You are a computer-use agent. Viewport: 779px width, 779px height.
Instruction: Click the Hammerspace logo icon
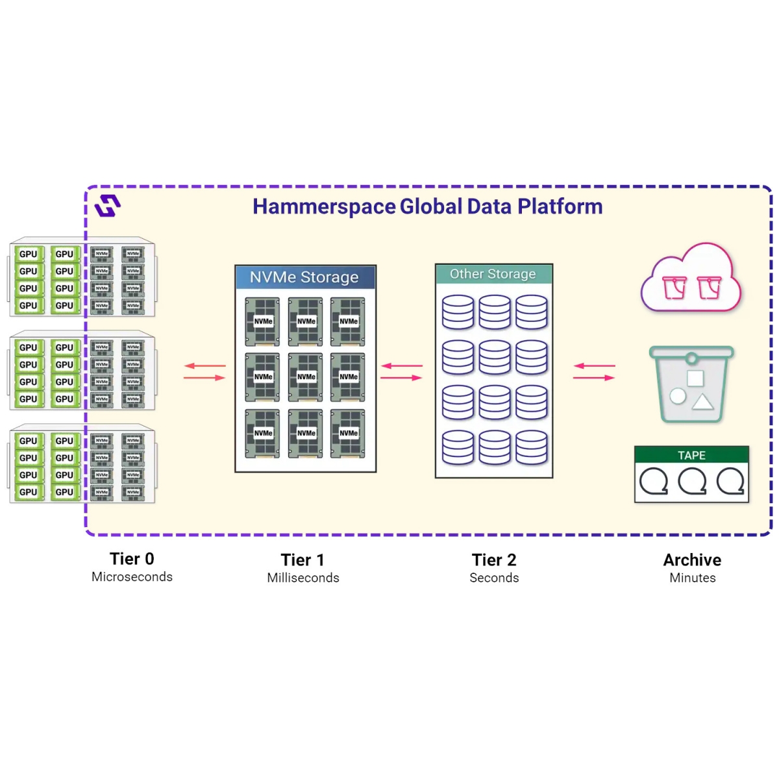[108, 206]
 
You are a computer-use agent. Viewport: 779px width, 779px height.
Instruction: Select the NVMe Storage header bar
[305, 277]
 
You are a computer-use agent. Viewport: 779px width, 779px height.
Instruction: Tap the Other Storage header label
[493, 274]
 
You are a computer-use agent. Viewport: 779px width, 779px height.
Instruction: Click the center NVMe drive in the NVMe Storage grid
[306, 377]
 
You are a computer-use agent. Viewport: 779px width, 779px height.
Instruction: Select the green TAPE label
[691, 455]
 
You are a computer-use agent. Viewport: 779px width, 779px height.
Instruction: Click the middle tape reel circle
[692, 482]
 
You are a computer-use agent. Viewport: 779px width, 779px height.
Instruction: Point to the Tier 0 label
[132, 559]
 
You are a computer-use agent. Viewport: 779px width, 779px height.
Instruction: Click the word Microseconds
[132, 577]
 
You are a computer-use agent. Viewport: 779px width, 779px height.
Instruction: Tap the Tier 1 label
[303, 560]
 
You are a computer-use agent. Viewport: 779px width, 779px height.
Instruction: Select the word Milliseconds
[303, 578]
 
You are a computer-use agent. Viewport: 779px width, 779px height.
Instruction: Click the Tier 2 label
[494, 560]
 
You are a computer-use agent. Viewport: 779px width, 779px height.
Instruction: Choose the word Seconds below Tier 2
[494, 578]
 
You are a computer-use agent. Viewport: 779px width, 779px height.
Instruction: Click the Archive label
[692, 560]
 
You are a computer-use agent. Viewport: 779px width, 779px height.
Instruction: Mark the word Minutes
[693, 578]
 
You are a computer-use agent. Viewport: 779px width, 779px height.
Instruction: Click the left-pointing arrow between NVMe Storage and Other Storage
[401, 366]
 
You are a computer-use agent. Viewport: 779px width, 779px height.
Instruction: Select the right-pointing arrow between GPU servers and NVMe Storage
[204, 378]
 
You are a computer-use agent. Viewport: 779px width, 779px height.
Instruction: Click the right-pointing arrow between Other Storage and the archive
[595, 378]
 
